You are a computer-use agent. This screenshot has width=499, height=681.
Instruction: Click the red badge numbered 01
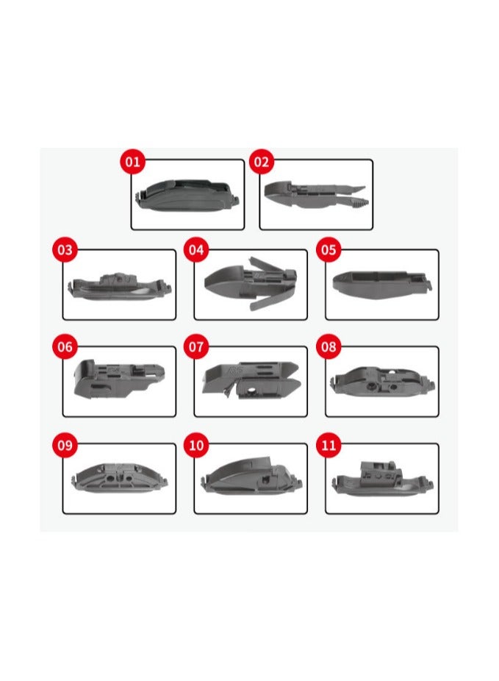click(132, 161)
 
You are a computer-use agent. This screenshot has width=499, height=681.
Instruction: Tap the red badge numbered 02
click(262, 161)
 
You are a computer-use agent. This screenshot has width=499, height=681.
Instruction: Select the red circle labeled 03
click(65, 250)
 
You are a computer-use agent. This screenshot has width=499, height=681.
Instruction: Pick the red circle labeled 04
click(195, 250)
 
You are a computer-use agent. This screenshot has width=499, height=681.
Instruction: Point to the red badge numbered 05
click(329, 250)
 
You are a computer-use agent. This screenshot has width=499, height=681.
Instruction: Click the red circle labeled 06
click(65, 347)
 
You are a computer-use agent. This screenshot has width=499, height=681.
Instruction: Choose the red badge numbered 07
click(195, 347)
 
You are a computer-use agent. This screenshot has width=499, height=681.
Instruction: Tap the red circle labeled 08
click(329, 347)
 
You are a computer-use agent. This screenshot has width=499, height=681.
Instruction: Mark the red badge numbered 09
click(65, 445)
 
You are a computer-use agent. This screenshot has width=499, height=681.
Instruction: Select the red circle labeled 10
click(195, 445)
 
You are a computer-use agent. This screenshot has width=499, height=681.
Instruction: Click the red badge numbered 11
click(329, 445)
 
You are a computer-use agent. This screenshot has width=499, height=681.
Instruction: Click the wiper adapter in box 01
click(188, 196)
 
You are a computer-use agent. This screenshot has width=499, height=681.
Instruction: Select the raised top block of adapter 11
click(380, 467)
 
